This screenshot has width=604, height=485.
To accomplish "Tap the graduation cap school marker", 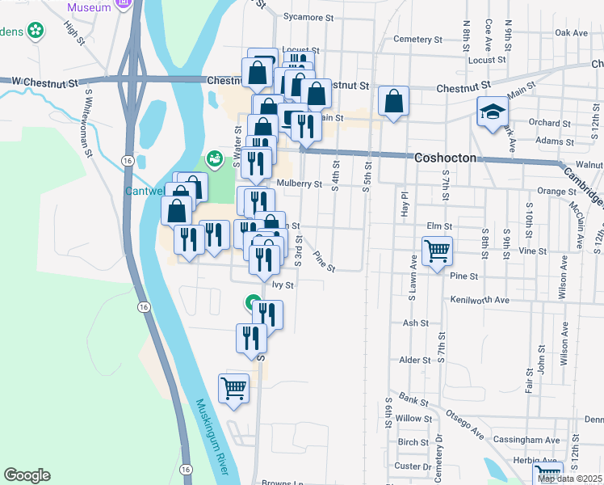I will [x=491, y=113].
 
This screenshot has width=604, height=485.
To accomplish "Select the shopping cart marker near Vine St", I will [x=437, y=251].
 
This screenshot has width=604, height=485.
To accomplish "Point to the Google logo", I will [x=27, y=475].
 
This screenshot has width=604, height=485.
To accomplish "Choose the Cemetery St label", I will [x=417, y=39].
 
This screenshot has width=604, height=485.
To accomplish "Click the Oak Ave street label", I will [x=572, y=33].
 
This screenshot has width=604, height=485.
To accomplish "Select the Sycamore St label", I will [x=308, y=17].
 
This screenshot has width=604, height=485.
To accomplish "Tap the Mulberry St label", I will [x=300, y=183].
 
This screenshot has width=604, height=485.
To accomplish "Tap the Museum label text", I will [x=89, y=7].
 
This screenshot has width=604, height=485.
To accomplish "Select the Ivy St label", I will [x=283, y=285].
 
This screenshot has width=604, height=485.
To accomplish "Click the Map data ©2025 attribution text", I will [x=570, y=479].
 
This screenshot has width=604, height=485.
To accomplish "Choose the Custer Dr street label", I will [x=413, y=467].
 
